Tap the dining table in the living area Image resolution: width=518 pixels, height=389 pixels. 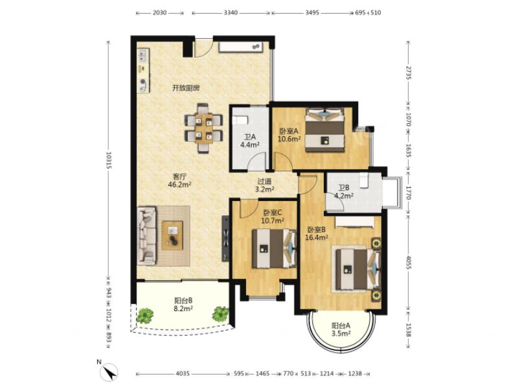[x=203, y=128]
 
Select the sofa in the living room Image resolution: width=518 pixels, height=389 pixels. [x=146, y=236]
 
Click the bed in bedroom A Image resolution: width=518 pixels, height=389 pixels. [x=325, y=130]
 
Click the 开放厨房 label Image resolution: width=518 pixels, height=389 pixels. [x=186, y=88]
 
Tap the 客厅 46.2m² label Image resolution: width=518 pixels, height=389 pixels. [x=180, y=181]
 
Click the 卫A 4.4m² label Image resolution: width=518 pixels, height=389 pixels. [x=250, y=141]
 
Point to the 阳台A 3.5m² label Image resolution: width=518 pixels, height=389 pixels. [x=341, y=329]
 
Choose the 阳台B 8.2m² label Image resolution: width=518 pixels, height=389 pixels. [x=183, y=305]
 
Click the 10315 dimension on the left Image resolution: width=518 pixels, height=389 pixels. [x=108, y=160]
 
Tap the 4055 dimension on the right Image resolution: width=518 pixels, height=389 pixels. [x=409, y=263]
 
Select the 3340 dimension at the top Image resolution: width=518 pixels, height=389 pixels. [x=231, y=13]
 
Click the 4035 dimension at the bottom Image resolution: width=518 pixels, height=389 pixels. [x=183, y=373]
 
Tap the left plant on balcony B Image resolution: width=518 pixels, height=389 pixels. [x=144, y=315]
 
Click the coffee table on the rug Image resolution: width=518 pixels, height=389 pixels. [x=172, y=235]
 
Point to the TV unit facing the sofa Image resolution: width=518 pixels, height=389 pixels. [x=225, y=238]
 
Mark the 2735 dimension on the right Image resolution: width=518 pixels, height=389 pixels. [x=409, y=73]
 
